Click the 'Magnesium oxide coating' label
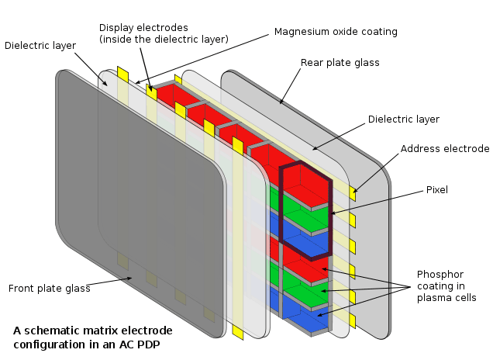point(336,32)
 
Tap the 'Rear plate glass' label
point(340,62)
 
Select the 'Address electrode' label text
point(445,149)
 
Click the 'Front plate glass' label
point(49,289)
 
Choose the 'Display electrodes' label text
point(162,33)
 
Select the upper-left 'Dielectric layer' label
point(40,46)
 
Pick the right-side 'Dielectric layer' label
point(403,119)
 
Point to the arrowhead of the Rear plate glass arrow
point(280,103)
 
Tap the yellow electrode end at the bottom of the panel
point(238,332)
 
